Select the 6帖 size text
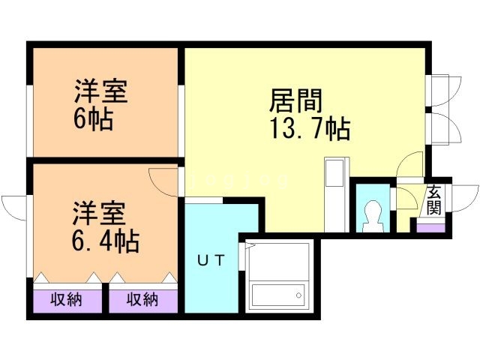pos(94,119)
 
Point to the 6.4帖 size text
pos(104,241)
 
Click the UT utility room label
pos(210,260)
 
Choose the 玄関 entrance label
pos(434,200)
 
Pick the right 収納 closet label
pos(142,301)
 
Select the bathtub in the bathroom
pos(279,294)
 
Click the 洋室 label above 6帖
pos(100,92)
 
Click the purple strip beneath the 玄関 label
pos(430,227)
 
